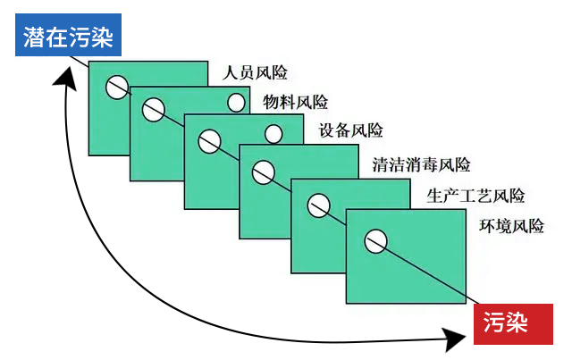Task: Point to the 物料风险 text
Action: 296,102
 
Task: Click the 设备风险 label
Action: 350,131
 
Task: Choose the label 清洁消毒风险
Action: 421,164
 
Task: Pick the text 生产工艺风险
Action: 475,196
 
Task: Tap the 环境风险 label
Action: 512,225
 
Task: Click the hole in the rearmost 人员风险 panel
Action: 116,88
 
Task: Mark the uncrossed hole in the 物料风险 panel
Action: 236,103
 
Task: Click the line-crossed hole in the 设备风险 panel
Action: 208,140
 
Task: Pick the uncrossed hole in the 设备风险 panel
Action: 273,135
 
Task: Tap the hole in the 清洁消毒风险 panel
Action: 263,172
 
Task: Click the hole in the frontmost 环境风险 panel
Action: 375,239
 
